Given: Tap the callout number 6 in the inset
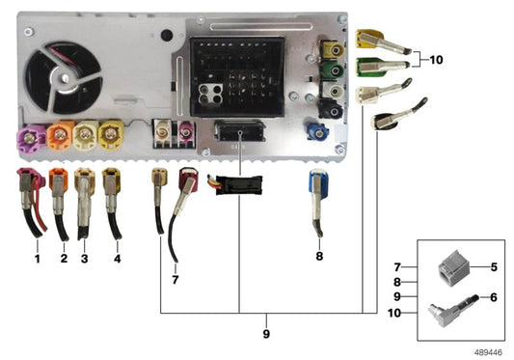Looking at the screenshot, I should (x=492, y=297).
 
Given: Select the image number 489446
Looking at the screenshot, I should (x=492, y=351).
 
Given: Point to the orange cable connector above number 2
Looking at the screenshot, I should (x=60, y=181).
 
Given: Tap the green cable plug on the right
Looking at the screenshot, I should (x=371, y=68).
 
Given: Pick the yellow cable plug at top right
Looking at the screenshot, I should (x=369, y=40).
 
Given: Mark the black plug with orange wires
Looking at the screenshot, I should (x=237, y=185).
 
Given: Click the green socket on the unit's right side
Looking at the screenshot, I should (x=334, y=70).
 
